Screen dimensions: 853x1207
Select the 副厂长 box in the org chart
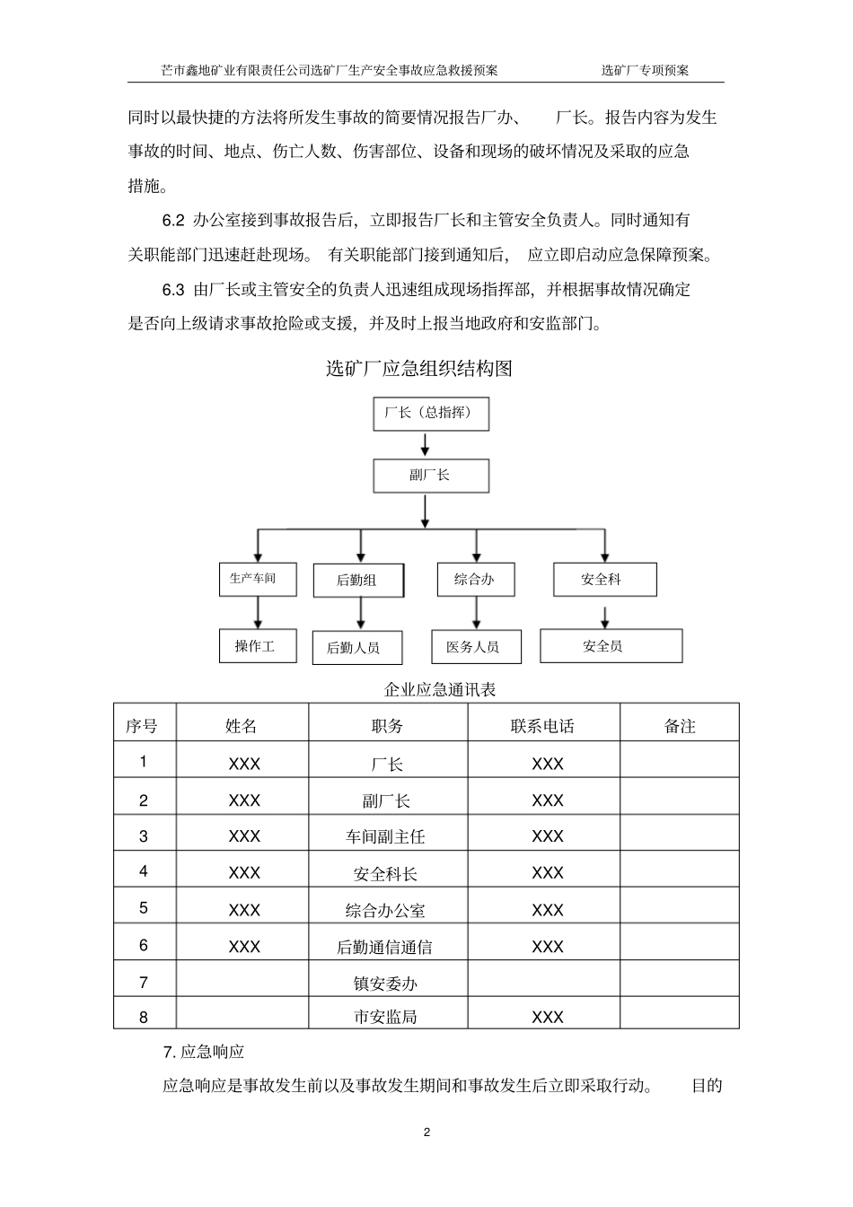[x=431, y=476]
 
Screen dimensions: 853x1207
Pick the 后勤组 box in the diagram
[x=357, y=581]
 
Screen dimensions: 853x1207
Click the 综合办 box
[x=475, y=580]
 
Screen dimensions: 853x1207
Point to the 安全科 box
[x=604, y=580]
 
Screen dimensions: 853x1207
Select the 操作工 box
[x=257, y=646]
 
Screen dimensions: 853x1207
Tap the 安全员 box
[x=611, y=646]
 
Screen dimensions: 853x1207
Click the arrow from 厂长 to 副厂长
[x=426, y=444]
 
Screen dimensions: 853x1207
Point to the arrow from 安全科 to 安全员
[x=605, y=617]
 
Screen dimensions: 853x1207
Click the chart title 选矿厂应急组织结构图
[x=418, y=368]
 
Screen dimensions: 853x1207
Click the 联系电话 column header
[x=542, y=726]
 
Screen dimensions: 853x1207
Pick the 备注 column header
[x=680, y=726]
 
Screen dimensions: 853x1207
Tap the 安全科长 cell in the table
[x=386, y=873]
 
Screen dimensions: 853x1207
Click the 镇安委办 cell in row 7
[x=386, y=984]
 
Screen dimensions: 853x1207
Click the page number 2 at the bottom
[x=426, y=1132]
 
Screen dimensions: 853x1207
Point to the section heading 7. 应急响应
[x=204, y=1052]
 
